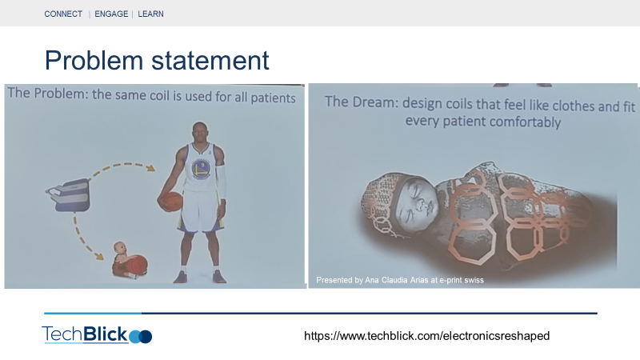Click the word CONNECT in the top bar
(x=63, y=14)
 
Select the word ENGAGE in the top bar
(x=111, y=14)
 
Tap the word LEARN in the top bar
(x=150, y=14)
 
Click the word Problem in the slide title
(x=94, y=61)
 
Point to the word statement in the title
(x=210, y=61)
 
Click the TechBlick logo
(x=97, y=334)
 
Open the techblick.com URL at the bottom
(x=427, y=336)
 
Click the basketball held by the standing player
(x=171, y=202)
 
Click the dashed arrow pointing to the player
(x=121, y=166)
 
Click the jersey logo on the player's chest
(x=201, y=169)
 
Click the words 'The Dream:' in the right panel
(x=362, y=102)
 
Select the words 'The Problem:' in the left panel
(x=48, y=94)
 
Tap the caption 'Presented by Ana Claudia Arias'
(x=372, y=280)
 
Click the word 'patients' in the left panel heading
(x=273, y=98)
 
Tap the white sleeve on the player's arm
(x=222, y=182)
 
